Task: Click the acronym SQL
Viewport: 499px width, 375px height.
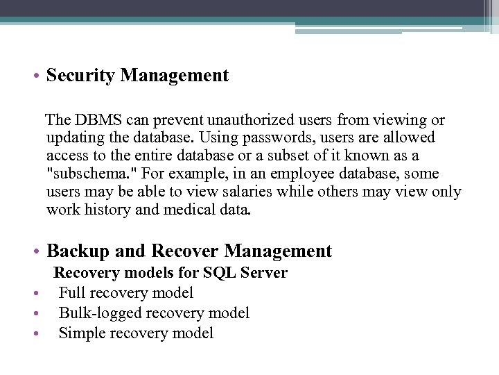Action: click(214, 273)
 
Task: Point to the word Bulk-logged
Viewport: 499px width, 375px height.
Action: click(98, 313)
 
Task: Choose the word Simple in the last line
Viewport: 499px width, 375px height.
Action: click(81, 333)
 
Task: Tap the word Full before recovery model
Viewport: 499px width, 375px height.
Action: click(73, 293)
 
